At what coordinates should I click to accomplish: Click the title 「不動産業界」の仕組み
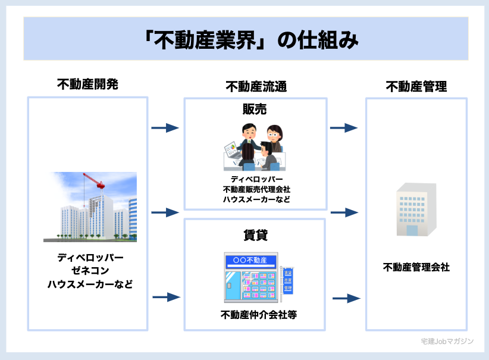[244, 39]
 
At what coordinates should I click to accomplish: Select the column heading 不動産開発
[87, 84]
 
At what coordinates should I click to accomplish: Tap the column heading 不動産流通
[256, 87]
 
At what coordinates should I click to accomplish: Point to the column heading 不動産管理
[416, 87]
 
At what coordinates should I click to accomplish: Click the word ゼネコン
[87, 271]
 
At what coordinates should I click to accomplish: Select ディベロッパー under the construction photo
[87, 258]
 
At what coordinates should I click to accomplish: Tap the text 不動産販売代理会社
[256, 189]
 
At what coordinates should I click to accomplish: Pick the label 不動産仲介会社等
[255, 315]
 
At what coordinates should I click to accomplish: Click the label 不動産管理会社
[416, 267]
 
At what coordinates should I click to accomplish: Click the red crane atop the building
[95, 181]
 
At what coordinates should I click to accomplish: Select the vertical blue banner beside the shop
[289, 280]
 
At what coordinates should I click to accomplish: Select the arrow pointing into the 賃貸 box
[165, 297]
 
